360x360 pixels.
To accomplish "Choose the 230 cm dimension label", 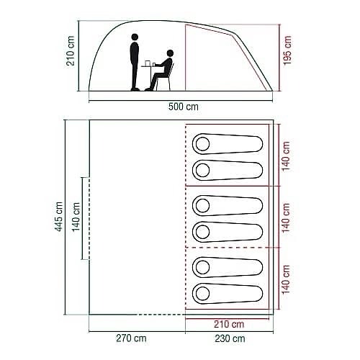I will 229,338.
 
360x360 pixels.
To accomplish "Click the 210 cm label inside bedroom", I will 229,323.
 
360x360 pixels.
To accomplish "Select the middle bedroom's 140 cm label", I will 287,217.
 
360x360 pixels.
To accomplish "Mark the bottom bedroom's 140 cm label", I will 287,279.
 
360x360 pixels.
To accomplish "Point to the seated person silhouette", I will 165,70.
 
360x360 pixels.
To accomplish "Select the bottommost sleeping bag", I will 227,292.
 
